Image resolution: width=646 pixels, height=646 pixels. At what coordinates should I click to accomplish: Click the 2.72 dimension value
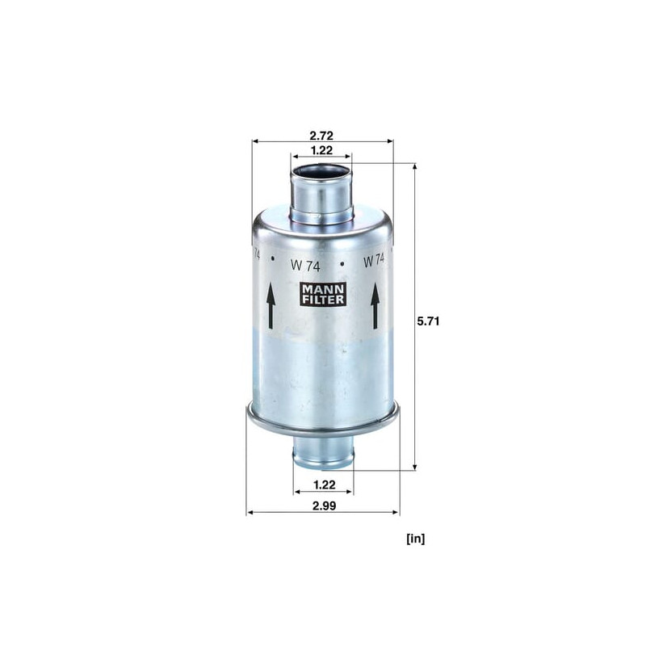(321, 135)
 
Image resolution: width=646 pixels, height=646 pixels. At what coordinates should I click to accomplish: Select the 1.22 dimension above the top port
(321, 150)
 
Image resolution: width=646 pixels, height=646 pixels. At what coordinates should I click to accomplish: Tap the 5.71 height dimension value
(428, 321)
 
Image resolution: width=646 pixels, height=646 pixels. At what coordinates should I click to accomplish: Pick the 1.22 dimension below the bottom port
(325, 484)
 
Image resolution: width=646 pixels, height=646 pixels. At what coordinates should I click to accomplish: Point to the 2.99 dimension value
(324, 505)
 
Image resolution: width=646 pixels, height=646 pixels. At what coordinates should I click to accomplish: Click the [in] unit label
(415, 538)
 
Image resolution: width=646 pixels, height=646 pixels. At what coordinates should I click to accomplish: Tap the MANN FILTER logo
(322, 294)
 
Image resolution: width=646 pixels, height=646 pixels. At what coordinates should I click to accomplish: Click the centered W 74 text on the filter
(305, 265)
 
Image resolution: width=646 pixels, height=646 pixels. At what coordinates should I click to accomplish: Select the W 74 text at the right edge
(374, 261)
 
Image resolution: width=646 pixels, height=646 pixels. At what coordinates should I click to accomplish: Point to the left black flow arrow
(271, 306)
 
